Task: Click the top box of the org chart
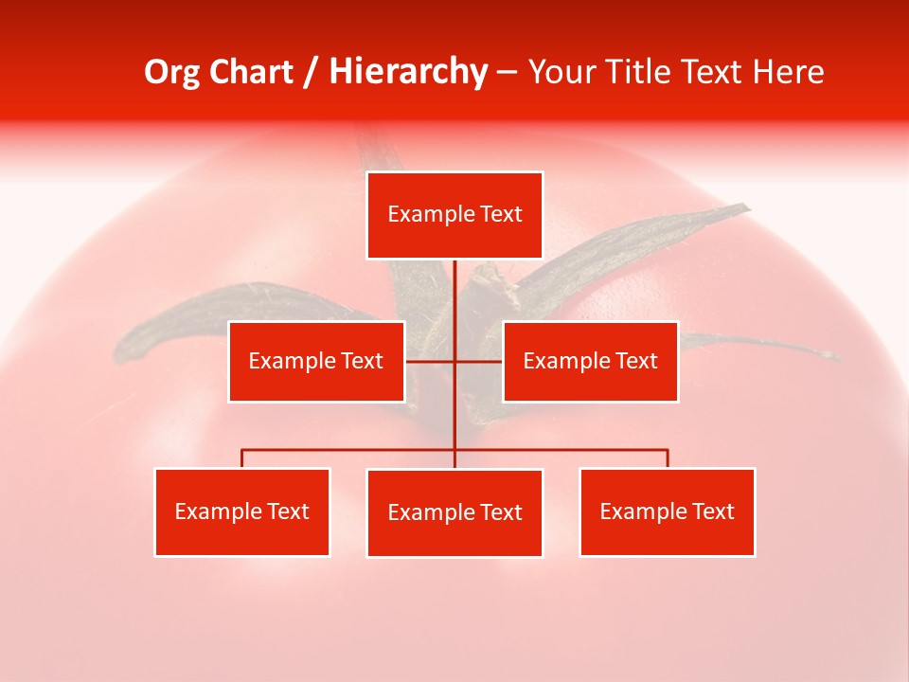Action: pyautogui.click(x=454, y=215)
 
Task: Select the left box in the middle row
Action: pyautogui.click(x=316, y=361)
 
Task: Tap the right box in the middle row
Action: pyautogui.click(x=590, y=361)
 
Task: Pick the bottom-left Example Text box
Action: pyautogui.click(x=242, y=511)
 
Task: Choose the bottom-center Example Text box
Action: pyautogui.click(x=454, y=512)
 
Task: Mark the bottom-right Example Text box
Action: pyautogui.click(x=667, y=511)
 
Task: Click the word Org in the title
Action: pyautogui.click(x=172, y=72)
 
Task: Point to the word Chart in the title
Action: pyautogui.click(x=251, y=72)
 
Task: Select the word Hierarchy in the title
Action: pyautogui.click(x=407, y=72)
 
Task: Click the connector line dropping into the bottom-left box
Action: pyautogui.click(x=242, y=458)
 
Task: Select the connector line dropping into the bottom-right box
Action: pyautogui.click(x=667, y=458)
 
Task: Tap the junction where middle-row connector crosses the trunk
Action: pyautogui.click(x=454, y=361)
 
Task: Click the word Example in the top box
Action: pyautogui.click(x=426, y=215)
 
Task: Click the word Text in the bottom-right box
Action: pyautogui.click(x=713, y=511)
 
